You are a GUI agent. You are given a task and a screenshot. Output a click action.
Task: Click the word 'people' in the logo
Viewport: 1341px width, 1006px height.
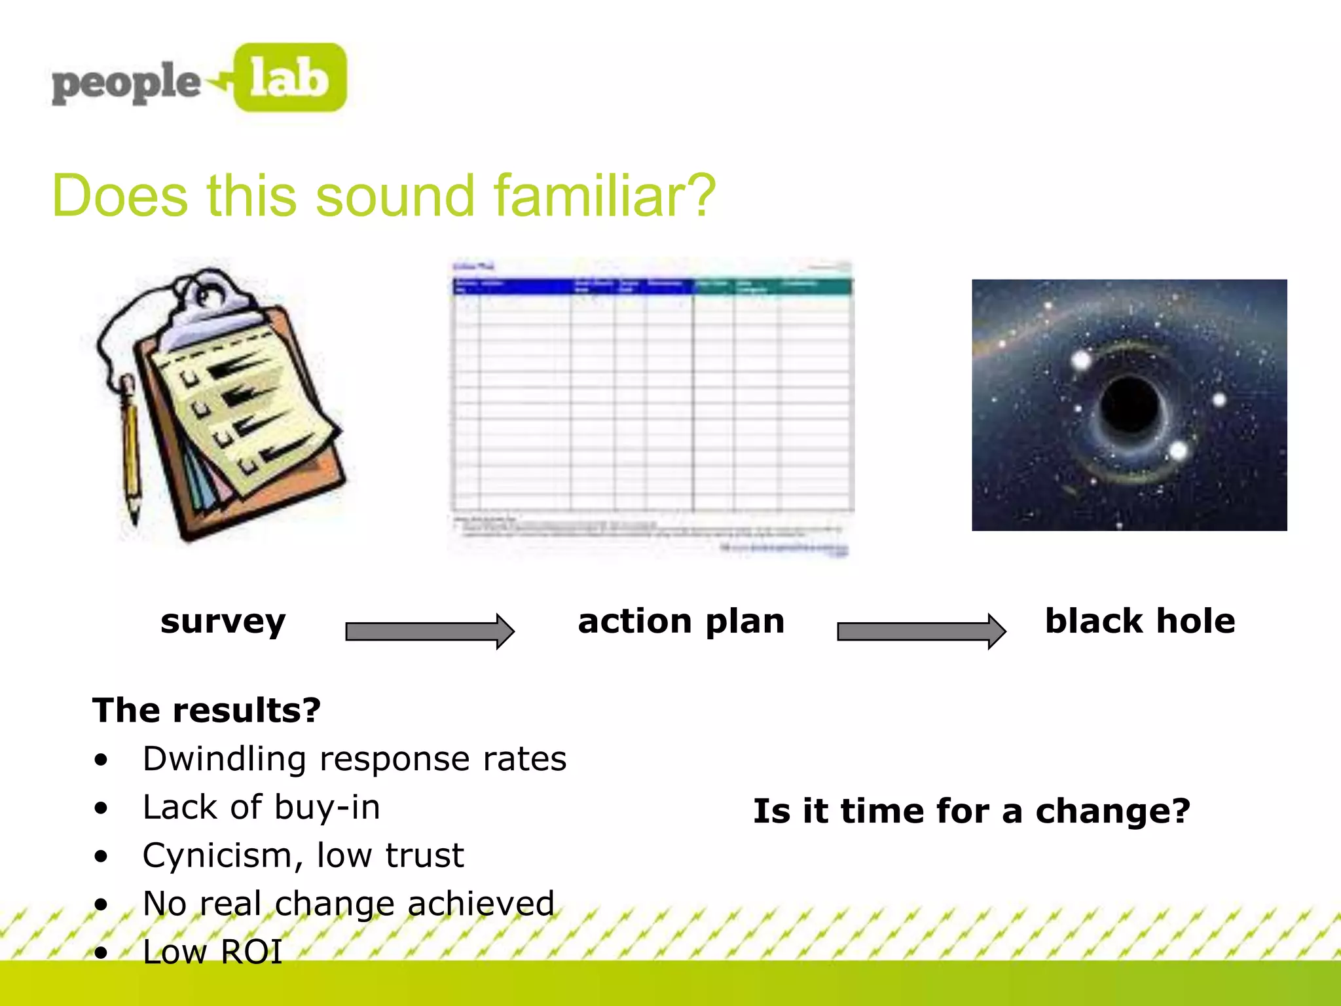[x=126, y=83]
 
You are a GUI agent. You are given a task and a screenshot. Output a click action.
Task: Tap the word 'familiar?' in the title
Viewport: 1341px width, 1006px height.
[x=604, y=196]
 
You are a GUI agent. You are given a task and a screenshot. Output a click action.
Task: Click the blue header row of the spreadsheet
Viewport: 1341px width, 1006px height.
[x=573, y=286]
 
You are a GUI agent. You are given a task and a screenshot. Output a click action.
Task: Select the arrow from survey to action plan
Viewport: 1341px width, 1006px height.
[x=430, y=631]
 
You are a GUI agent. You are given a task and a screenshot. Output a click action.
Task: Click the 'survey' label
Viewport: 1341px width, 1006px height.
[x=223, y=621]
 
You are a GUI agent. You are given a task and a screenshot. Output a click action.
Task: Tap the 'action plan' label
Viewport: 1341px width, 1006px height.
[x=681, y=621]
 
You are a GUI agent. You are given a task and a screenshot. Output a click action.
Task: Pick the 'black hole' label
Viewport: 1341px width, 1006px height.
[x=1140, y=621]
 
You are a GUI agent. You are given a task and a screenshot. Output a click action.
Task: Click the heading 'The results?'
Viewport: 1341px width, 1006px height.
[x=206, y=710]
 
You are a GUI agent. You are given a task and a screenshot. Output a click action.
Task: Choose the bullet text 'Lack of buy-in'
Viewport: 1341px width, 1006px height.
[x=261, y=807]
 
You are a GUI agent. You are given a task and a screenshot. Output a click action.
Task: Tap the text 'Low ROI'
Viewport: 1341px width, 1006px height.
[x=212, y=952]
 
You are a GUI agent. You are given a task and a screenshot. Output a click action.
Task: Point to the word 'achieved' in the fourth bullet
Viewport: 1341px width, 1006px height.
[x=481, y=903]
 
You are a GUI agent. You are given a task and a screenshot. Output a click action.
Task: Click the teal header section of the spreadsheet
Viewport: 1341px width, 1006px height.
[x=773, y=286]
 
